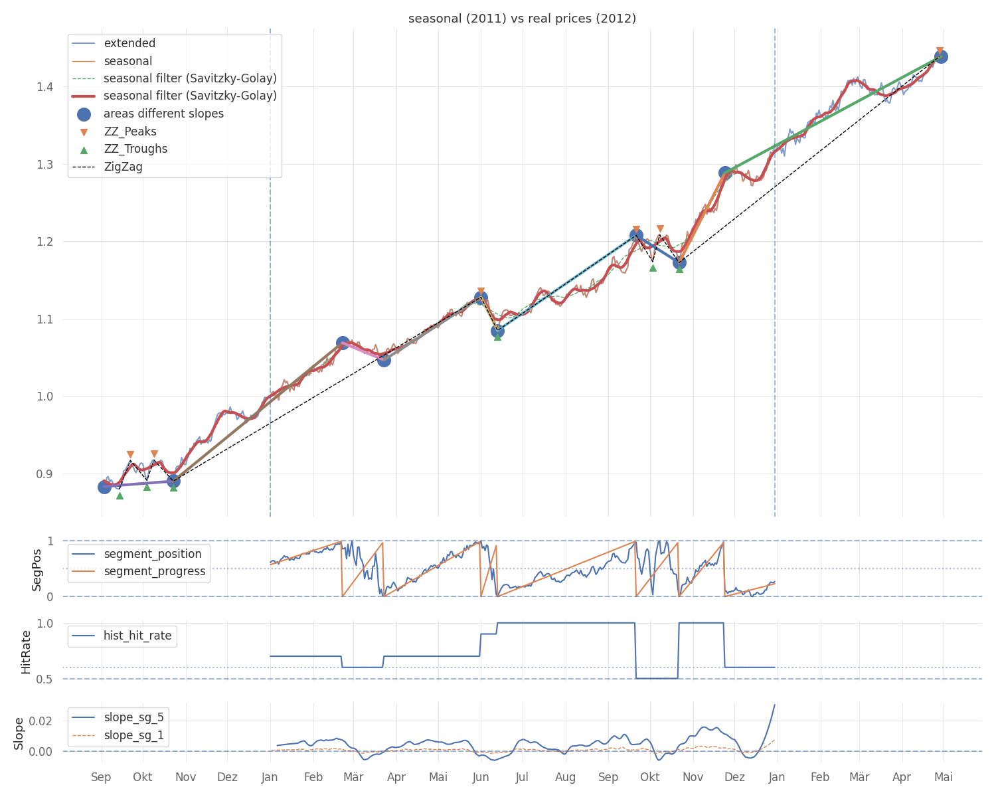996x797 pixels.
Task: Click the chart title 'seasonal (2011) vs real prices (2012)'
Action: click(x=522, y=19)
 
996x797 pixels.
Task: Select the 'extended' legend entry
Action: click(x=129, y=43)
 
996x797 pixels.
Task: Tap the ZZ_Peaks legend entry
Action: click(x=130, y=132)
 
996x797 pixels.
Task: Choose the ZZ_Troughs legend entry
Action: click(x=135, y=149)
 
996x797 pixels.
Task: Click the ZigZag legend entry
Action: click(x=123, y=167)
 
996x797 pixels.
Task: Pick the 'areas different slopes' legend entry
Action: click(x=163, y=114)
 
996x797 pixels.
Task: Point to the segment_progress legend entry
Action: click(x=155, y=571)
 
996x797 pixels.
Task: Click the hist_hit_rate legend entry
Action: click(x=137, y=636)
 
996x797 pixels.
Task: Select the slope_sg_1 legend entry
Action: click(x=133, y=735)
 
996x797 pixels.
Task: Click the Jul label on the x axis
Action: click(x=522, y=776)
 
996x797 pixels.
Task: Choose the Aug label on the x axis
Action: click(x=566, y=776)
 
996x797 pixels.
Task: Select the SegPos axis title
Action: click(x=37, y=569)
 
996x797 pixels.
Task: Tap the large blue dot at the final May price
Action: click(x=940, y=56)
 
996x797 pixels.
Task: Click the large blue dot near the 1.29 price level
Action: click(x=725, y=173)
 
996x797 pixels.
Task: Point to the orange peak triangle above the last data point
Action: click(x=940, y=51)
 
